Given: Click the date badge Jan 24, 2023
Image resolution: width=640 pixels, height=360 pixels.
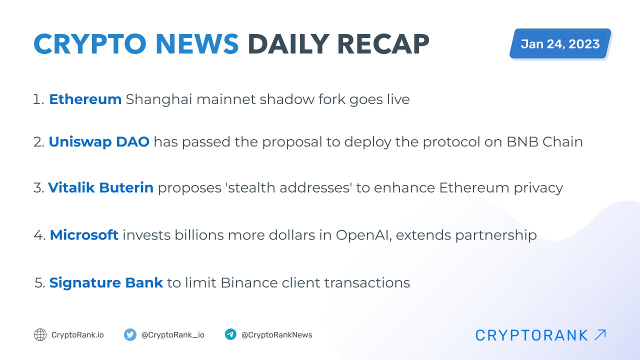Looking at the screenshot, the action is point(560,43).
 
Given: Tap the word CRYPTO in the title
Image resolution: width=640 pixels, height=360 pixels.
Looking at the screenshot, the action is point(89,44).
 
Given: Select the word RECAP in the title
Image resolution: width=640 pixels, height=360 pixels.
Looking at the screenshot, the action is point(383,44).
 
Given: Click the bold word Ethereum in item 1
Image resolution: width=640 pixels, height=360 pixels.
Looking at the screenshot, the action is point(85,99).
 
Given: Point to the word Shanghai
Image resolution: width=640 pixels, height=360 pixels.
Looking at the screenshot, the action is point(159,99).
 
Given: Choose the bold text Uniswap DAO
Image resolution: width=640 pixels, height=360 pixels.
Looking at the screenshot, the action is point(99,141).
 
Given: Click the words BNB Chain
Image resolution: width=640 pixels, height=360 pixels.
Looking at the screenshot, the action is point(544,141).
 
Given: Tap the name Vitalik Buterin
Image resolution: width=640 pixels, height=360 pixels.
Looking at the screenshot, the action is point(101,187).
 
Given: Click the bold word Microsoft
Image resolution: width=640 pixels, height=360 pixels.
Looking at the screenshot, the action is point(84,235).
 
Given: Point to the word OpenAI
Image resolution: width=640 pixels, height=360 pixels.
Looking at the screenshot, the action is point(363,235).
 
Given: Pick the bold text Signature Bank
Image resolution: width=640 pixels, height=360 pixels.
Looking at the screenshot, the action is point(106,283).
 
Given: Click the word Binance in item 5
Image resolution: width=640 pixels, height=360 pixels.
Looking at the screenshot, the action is point(249,283).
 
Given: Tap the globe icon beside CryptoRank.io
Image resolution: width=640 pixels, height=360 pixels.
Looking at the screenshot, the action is point(40,335).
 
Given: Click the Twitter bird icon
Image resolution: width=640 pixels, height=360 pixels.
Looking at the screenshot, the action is point(130,335).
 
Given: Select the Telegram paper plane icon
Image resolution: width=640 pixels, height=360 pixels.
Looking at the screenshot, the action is point(230,334).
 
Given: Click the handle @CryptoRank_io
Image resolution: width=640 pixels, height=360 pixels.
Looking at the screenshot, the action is point(173,335).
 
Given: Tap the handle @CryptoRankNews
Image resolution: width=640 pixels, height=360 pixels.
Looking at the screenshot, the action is point(276,335).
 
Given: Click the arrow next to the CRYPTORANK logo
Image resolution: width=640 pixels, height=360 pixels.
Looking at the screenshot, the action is point(600,335).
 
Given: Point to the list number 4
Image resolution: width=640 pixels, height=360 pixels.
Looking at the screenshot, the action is point(38,235).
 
